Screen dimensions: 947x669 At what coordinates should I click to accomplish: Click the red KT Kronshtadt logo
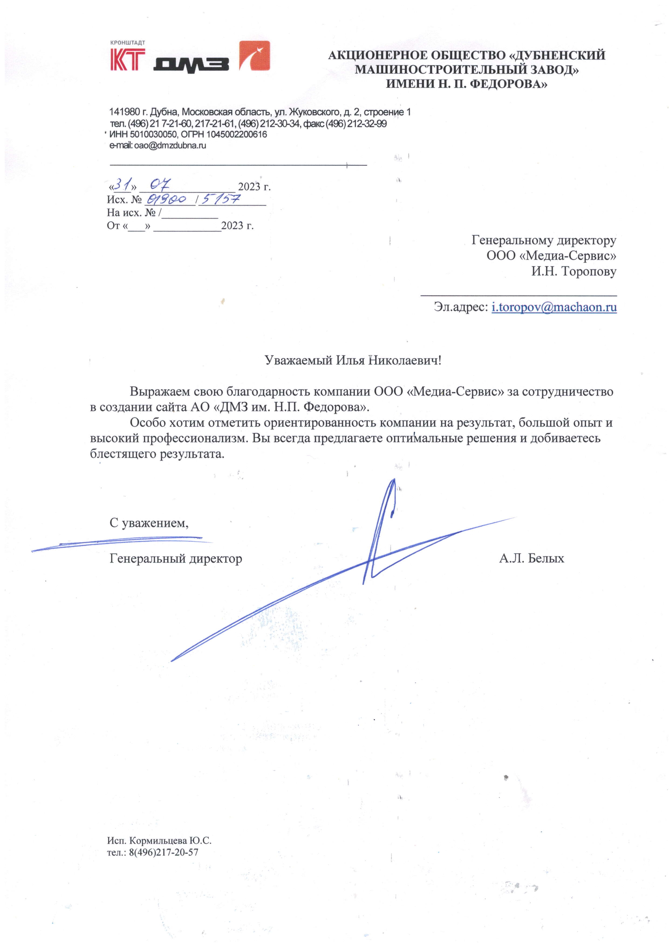pos(127,59)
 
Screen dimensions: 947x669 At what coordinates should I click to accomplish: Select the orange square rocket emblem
pos(255,56)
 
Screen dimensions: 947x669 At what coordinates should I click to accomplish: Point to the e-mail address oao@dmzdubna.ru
pos(170,146)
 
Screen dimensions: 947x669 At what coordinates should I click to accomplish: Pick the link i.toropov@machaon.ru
pos(554,307)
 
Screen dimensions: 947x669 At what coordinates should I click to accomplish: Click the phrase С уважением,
pos(149,523)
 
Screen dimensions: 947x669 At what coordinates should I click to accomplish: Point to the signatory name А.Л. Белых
pos(531,559)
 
